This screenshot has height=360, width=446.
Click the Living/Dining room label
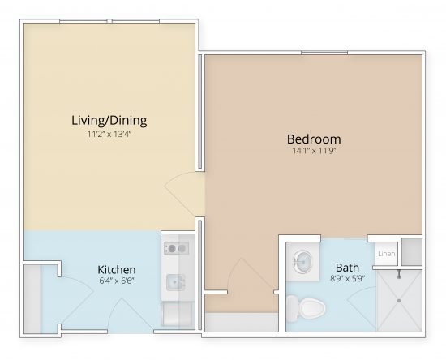point(109,121)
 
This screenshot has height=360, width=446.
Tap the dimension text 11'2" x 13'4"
point(109,135)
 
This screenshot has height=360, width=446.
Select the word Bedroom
point(315,138)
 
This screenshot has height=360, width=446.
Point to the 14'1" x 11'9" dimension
point(315,151)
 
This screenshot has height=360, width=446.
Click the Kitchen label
point(116,269)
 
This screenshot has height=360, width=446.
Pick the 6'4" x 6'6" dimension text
point(116,281)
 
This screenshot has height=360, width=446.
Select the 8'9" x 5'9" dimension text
point(346,278)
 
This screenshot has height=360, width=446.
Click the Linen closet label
point(385,254)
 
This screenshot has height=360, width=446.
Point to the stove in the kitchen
point(174,248)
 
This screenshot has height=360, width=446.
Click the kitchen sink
point(174,282)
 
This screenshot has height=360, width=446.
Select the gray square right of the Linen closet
point(411,252)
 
